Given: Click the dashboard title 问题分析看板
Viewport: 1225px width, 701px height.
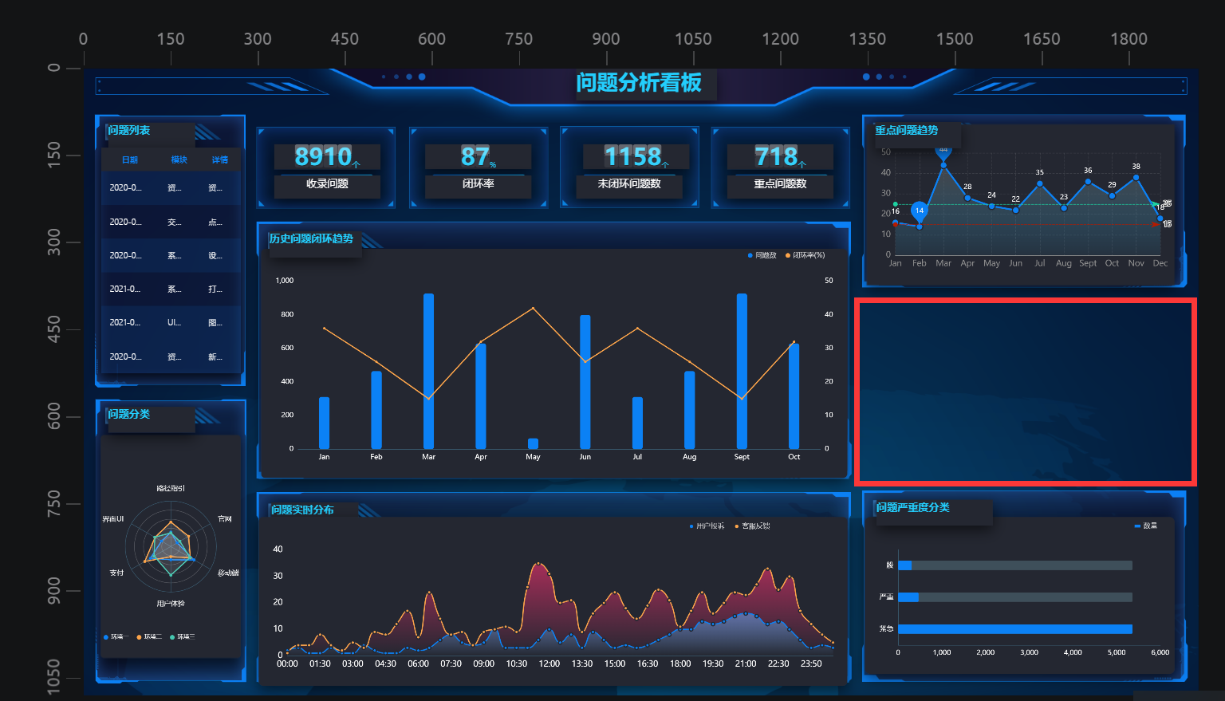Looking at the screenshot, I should pos(638,83).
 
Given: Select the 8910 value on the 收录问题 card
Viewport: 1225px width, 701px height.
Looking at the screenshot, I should pos(323,156).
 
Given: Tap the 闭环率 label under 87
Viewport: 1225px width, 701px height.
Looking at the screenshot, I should pos(478,184).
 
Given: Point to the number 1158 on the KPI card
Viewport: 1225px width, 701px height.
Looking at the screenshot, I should pos(632,156).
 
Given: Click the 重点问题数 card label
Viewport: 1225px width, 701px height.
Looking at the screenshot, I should pos(780,184).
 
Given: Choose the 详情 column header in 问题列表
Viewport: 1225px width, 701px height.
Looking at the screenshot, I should pos(219,160).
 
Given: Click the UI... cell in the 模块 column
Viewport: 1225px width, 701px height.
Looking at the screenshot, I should pos(174,323).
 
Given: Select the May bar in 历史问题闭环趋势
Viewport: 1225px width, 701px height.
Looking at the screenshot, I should pos(533,443).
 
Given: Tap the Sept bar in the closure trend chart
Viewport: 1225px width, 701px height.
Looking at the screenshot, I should pos(742,371).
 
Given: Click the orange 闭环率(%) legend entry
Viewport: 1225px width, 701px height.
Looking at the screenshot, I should pos(806,255).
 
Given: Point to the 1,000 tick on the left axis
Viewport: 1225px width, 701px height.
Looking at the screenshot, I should pos(285,281).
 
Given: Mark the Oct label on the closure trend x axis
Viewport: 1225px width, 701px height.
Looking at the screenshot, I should pos(794,457).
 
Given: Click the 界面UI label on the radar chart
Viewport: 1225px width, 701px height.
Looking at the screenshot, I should pos(113,519).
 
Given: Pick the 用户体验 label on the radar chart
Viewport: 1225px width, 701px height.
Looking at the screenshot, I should pos(171,604).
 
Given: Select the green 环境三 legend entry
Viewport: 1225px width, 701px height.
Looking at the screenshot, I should pos(183,637).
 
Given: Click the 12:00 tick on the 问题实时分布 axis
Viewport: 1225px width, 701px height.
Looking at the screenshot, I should pos(549,664).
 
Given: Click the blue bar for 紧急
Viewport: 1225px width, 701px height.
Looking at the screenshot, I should pos(1014,629).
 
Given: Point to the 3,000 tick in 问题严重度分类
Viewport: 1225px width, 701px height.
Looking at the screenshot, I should pos(1029,652).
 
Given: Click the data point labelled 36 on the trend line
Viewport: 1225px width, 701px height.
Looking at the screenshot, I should pos(1088,182).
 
